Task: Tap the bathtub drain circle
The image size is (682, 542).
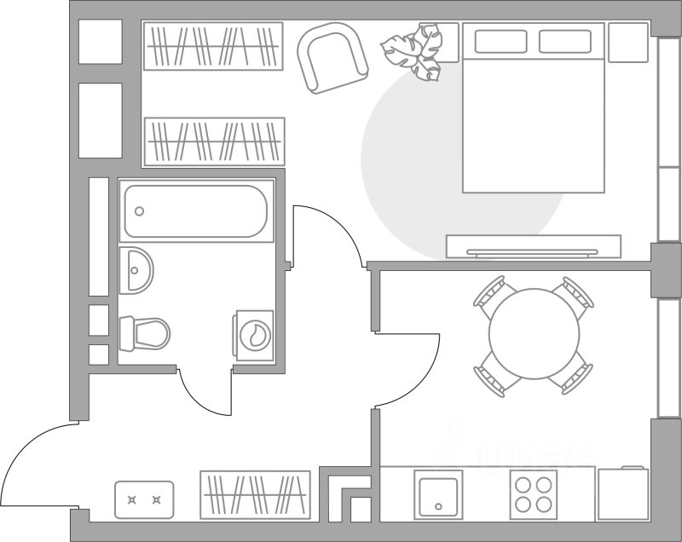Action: [140, 212]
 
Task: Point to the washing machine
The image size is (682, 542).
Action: [253, 335]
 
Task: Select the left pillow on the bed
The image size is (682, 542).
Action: [500, 42]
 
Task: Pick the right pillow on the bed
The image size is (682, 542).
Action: [565, 42]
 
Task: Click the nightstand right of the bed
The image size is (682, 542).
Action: [628, 41]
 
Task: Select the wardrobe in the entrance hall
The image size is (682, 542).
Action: [255, 494]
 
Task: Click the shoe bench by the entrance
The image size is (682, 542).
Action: [144, 499]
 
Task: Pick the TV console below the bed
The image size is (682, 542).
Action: [534, 246]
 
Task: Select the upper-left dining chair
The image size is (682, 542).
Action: [494, 293]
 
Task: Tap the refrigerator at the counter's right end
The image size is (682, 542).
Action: [623, 494]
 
